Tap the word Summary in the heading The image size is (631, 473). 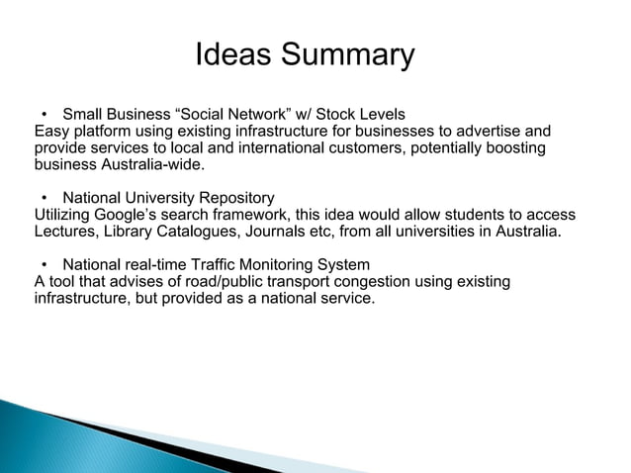pyautogui.click(x=347, y=54)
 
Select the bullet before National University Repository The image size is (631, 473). pyautogui.click(x=45, y=197)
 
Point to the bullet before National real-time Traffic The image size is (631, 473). pyautogui.click(x=45, y=265)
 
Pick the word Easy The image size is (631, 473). pyautogui.click(x=51, y=130)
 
